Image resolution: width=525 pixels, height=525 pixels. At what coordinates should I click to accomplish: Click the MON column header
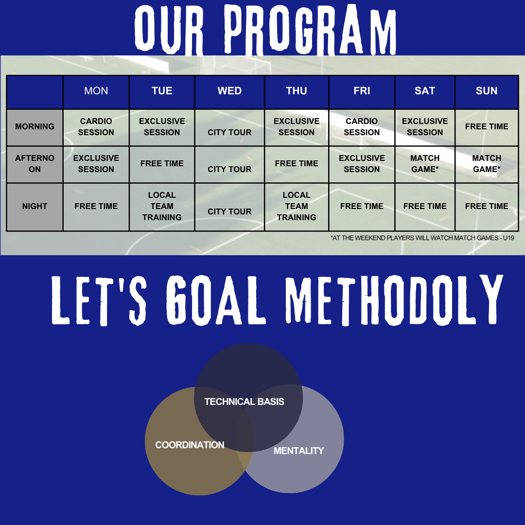(96, 91)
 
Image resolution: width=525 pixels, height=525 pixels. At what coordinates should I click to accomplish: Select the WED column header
(229, 91)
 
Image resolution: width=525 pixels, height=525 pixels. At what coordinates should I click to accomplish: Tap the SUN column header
(487, 91)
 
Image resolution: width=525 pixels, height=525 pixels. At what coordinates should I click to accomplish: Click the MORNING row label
(35, 127)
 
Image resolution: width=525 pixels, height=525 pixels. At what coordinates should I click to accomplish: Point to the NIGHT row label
(35, 207)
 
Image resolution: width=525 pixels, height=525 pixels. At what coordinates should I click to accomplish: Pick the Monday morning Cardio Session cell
(96, 127)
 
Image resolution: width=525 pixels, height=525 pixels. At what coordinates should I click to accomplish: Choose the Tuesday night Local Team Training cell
(162, 207)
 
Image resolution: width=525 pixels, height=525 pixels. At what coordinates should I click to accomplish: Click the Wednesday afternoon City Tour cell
(229, 164)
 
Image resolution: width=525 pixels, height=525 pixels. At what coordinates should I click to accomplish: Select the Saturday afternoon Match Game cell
(425, 164)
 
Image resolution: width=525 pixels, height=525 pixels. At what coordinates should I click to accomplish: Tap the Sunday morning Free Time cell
(487, 127)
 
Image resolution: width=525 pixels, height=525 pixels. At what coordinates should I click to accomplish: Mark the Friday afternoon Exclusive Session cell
(362, 164)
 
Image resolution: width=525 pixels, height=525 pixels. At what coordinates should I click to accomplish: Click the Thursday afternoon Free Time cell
(297, 164)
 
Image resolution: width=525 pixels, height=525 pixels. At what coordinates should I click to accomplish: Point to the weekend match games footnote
(422, 238)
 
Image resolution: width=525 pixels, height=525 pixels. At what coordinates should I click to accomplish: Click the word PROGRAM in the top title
(310, 30)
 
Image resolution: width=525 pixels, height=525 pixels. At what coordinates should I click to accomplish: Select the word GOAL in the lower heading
(216, 300)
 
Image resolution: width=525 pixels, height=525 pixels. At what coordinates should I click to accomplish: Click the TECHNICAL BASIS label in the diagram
(244, 402)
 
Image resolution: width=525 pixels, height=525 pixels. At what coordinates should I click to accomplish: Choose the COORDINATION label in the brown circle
(190, 445)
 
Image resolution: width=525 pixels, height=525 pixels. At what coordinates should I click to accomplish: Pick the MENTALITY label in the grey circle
(298, 451)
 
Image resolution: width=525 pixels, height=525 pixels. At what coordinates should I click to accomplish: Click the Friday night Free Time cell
(362, 207)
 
